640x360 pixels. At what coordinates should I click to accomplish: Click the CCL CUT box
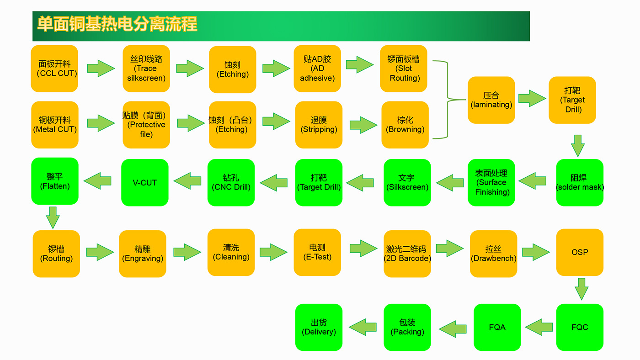(x=54, y=69)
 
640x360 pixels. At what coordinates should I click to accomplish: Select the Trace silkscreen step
(x=146, y=69)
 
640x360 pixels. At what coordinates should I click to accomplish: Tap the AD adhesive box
(x=317, y=69)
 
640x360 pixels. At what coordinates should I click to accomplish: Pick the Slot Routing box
(x=403, y=69)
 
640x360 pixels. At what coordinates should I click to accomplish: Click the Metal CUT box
(x=55, y=125)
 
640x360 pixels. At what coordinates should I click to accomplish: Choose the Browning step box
(x=405, y=125)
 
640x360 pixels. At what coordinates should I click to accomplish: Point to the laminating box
(x=491, y=100)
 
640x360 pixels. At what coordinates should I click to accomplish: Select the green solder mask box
(x=580, y=182)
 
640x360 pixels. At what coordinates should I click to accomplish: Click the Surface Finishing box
(x=491, y=182)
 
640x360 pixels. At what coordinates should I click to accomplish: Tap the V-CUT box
(x=145, y=182)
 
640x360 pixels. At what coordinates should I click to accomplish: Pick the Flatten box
(x=55, y=181)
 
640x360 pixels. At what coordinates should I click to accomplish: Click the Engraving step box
(x=143, y=254)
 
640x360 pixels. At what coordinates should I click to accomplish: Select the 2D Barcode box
(x=407, y=254)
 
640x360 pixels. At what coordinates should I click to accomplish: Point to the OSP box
(x=580, y=252)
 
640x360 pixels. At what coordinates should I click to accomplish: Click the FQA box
(x=497, y=327)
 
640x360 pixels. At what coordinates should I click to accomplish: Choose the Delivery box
(x=319, y=327)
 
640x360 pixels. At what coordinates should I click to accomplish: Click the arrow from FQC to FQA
(x=539, y=327)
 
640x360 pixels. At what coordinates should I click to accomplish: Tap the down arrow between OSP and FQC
(x=581, y=289)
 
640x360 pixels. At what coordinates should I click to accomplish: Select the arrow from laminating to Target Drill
(x=532, y=99)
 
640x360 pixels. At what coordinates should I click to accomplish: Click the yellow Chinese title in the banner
(x=117, y=24)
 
